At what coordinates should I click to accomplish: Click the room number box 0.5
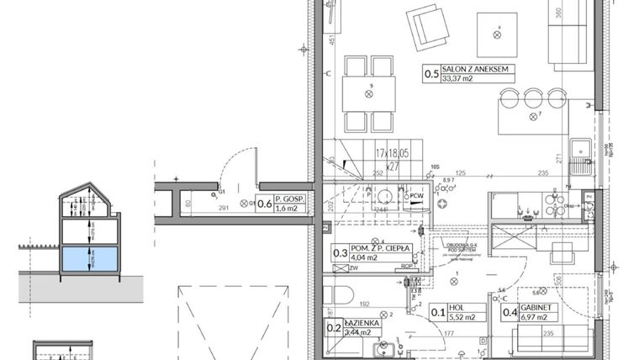[431, 74]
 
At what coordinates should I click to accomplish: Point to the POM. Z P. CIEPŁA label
[379, 249]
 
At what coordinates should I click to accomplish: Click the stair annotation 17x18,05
[393, 154]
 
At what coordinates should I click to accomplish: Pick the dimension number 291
[224, 209]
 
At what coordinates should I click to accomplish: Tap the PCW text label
[417, 198]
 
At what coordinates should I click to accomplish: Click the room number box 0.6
[263, 203]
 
